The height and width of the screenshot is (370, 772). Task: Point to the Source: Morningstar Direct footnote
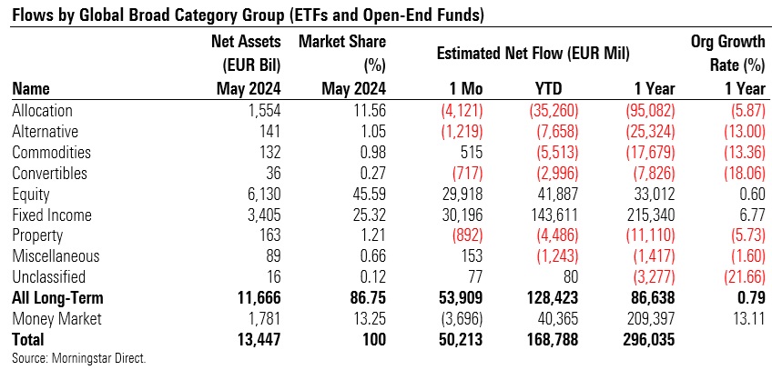[x=79, y=357]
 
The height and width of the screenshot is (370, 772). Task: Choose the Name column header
[x=30, y=89]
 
